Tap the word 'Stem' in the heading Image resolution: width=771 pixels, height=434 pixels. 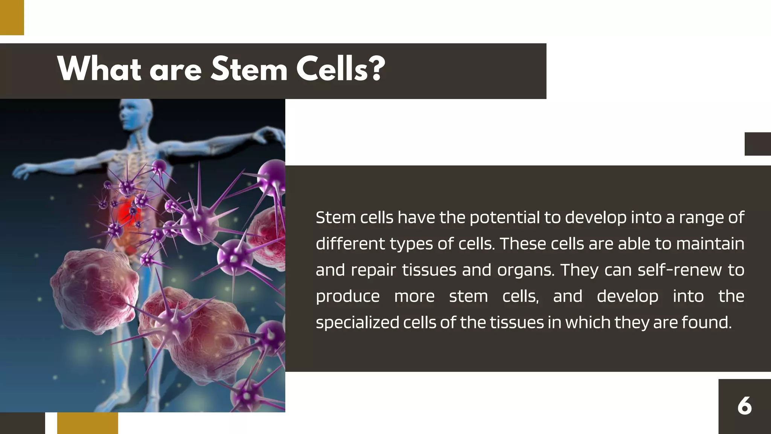pyautogui.click(x=249, y=69)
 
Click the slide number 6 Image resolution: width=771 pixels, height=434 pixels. pyautogui.click(x=744, y=406)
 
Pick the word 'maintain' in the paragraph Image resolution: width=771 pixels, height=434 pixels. pyautogui.click(x=710, y=244)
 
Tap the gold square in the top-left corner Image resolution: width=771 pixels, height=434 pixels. pyautogui.click(x=12, y=17)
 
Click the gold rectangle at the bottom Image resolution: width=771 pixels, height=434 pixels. pyautogui.click(x=87, y=423)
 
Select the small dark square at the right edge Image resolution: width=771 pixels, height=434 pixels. pyautogui.click(x=757, y=144)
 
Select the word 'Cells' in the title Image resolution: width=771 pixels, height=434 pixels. pyautogui.click(x=331, y=69)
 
